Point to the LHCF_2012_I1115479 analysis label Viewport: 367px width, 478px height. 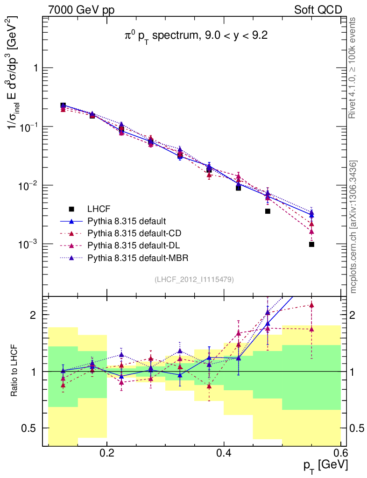[x=194, y=279]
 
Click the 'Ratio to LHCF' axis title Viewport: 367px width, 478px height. [x=15, y=371]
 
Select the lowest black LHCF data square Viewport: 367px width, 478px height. [x=311, y=244]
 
